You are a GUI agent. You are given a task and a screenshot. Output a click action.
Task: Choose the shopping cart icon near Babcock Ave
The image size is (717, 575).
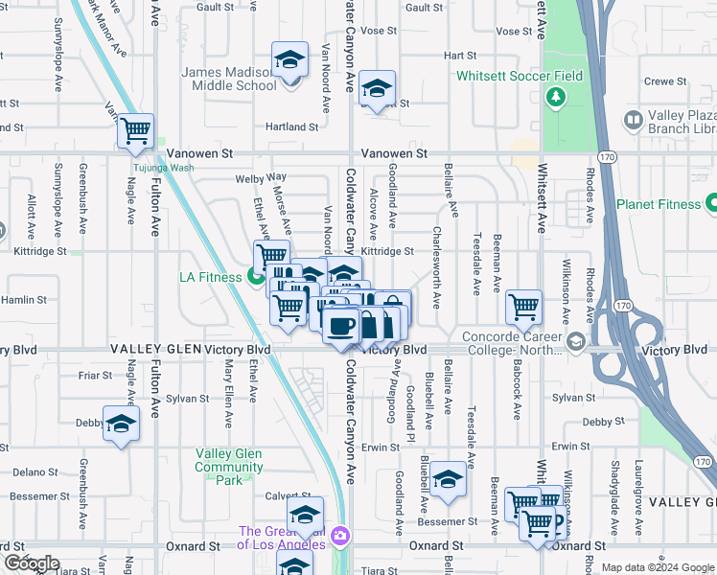point(523,307)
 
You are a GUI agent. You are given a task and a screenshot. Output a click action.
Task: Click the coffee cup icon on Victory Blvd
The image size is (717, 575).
point(340,326)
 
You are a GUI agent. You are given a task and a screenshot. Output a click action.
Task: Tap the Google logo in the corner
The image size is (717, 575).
point(31,563)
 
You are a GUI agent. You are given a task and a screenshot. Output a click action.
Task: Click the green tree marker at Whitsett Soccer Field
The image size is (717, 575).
point(555,97)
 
